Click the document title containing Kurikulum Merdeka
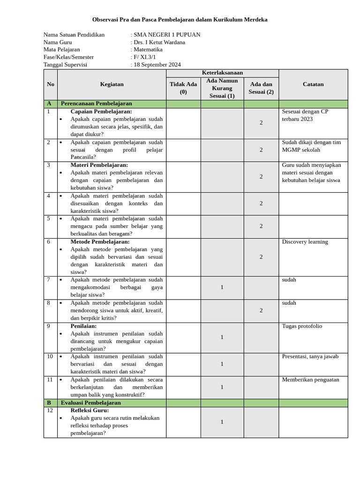pyautogui.click(x=180, y=20)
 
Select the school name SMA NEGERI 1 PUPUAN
pyautogui.click(x=167, y=35)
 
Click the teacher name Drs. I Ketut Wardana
pyautogui.click(x=159, y=42)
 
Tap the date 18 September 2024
pyautogui.click(x=157, y=65)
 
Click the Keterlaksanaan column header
pyautogui.click(x=222, y=73)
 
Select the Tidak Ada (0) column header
pyautogui.click(x=183, y=88)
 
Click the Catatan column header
pyautogui.click(x=313, y=84)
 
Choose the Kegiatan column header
pyautogui.click(x=112, y=84)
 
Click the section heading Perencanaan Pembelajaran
pyautogui.click(x=97, y=104)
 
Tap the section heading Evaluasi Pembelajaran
pyautogui.click(x=91, y=403)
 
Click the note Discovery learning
pyautogui.click(x=305, y=242)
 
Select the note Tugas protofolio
pyautogui.click(x=302, y=326)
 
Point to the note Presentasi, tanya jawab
pyautogui.click(x=310, y=356)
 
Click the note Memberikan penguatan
pyautogui.click(x=310, y=380)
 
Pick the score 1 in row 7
pyautogui.click(x=222, y=287)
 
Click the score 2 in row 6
pyautogui.click(x=261, y=257)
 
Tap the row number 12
pyautogui.click(x=50, y=411)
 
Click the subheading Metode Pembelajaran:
pyautogui.click(x=100, y=242)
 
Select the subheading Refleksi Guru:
pyautogui.click(x=90, y=411)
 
